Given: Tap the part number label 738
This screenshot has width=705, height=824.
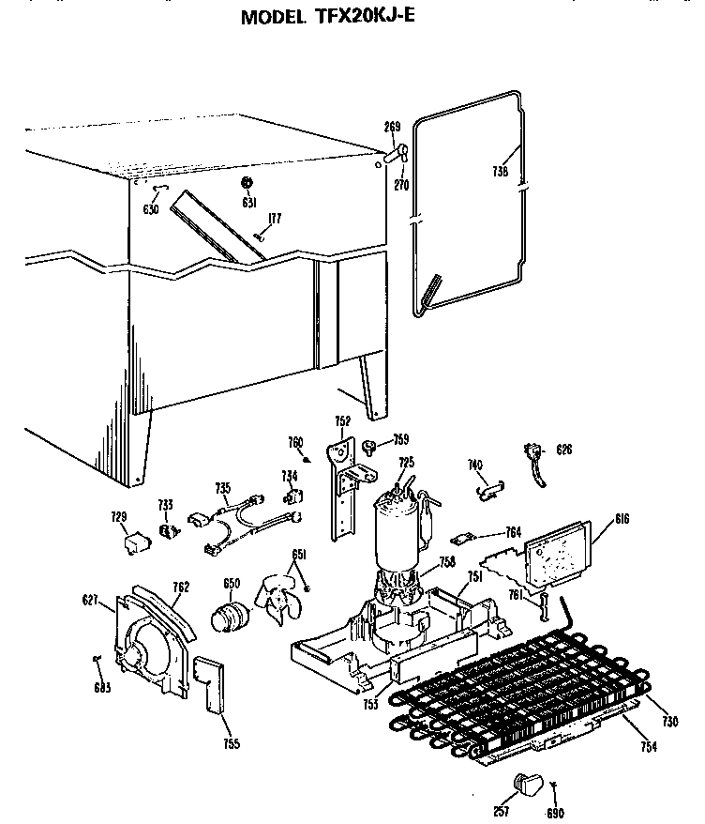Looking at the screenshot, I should [x=500, y=172].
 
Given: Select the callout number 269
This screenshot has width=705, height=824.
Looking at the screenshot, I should [x=392, y=127].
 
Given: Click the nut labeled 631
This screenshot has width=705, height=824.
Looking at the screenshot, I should [x=248, y=181].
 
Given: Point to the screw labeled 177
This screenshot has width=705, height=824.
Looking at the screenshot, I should [x=259, y=237].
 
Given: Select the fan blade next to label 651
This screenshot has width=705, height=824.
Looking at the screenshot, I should [x=279, y=599].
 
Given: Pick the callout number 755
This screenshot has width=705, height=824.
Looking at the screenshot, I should [x=231, y=744].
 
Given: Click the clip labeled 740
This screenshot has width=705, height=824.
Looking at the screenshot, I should [x=488, y=484].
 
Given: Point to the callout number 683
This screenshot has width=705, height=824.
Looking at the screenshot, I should [x=102, y=688].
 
